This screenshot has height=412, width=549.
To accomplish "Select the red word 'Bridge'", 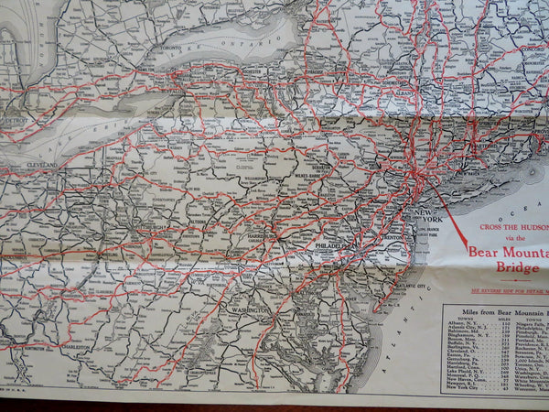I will [x=517, y=267].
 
